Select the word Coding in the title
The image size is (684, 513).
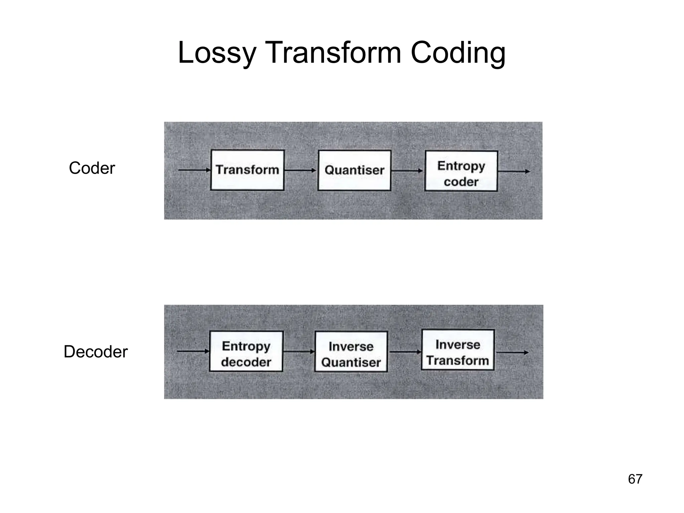coord(458,53)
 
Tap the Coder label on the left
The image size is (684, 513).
coord(92,168)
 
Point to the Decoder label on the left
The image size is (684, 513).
coord(96,352)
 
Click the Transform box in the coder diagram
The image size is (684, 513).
coord(247,170)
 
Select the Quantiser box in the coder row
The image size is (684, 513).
coord(354,170)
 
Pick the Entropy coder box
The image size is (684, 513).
coord(461,171)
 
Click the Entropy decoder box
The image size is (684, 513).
coord(246,351)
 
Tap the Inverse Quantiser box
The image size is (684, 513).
coord(351,352)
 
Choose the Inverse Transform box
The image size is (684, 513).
coord(458,350)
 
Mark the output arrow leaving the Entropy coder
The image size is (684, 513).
coord(514,171)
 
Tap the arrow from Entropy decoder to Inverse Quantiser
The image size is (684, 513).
coord(299,351)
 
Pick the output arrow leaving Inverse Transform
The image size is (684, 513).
coord(512,352)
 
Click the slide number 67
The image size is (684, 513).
coord(635,479)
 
